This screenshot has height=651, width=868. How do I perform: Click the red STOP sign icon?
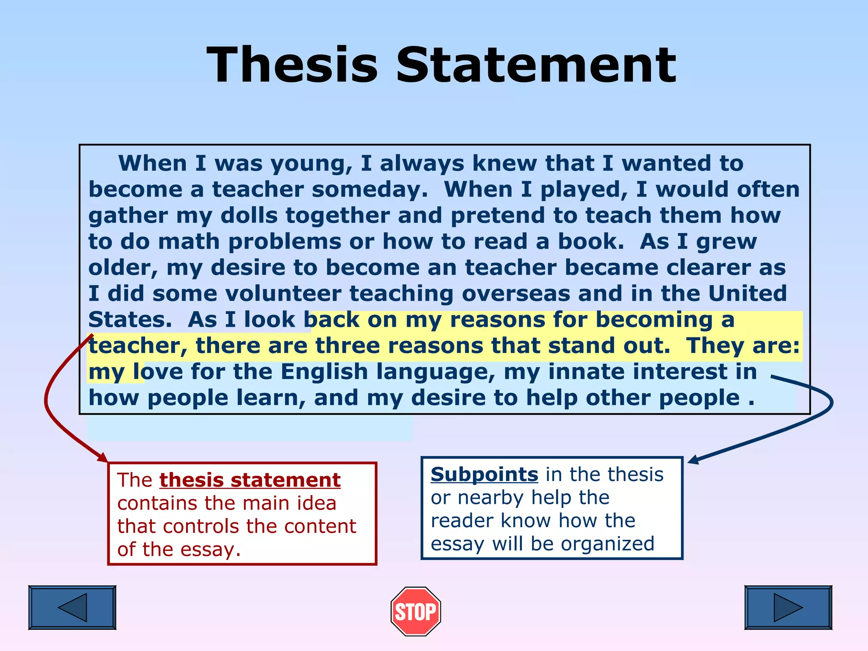click(x=416, y=611)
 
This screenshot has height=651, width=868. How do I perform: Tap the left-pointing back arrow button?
click(x=72, y=607)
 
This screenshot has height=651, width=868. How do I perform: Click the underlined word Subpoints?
click(x=484, y=474)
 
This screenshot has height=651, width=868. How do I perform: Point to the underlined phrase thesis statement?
click(x=250, y=480)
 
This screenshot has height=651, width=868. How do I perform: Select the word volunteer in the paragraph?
click(x=283, y=294)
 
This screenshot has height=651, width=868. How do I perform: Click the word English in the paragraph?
click(x=324, y=372)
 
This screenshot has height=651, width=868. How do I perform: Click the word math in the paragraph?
click(x=189, y=242)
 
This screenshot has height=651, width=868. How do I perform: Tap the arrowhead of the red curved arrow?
click(x=103, y=458)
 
